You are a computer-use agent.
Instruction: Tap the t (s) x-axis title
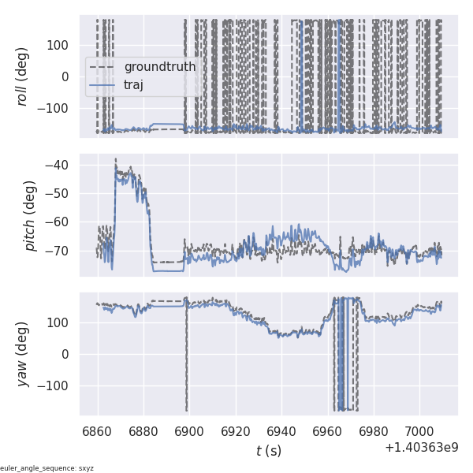pyautogui.click(x=268, y=451)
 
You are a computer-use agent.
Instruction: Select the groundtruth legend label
pyautogui.click(x=159, y=67)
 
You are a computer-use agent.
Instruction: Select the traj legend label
pyautogui.click(x=134, y=84)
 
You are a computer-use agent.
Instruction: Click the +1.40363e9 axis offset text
pyautogui.click(x=421, y=448)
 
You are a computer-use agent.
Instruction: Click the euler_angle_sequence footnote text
pyautogui.click(x=47, y=468)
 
